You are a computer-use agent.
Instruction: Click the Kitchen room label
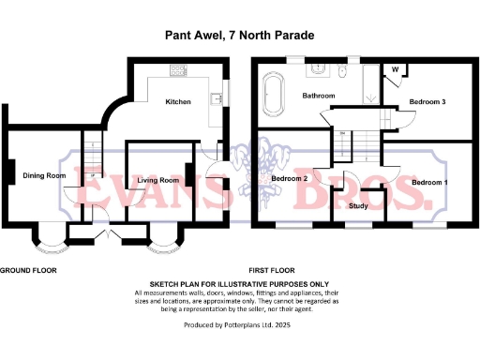point(178,101)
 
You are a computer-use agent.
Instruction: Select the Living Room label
point(157,179)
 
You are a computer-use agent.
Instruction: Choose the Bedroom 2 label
point(291,178)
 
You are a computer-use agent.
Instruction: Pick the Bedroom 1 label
point(429,181)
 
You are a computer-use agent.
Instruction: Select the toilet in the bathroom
point(343,72)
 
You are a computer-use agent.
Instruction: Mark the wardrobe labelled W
point(395,69)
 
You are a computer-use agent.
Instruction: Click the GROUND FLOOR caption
point(28,269)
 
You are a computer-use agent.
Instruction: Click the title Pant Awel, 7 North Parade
point(239,36)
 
